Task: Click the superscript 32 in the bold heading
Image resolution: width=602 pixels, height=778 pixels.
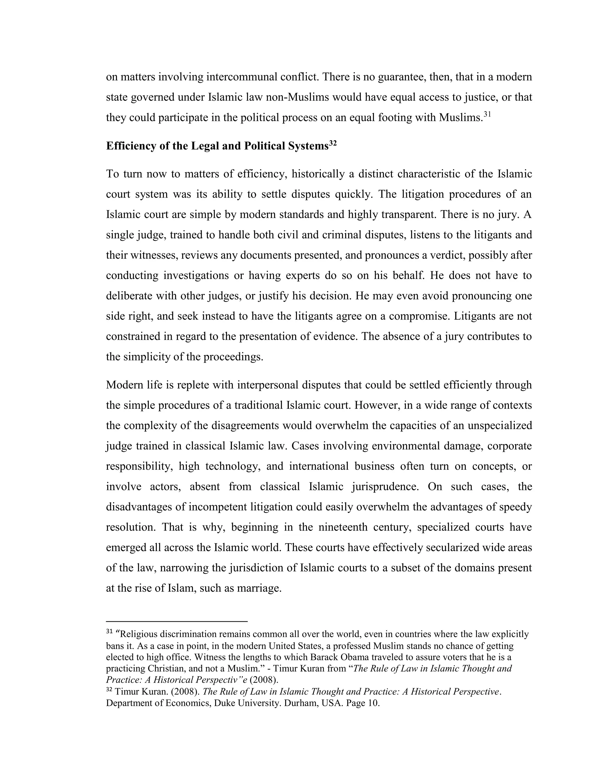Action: pos(333,143)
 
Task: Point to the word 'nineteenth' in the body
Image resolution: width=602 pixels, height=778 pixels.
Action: pos(343,527)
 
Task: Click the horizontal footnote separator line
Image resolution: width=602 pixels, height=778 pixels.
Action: pos(177,622)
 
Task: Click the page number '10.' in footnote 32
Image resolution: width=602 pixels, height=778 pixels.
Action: pos(373,703)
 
